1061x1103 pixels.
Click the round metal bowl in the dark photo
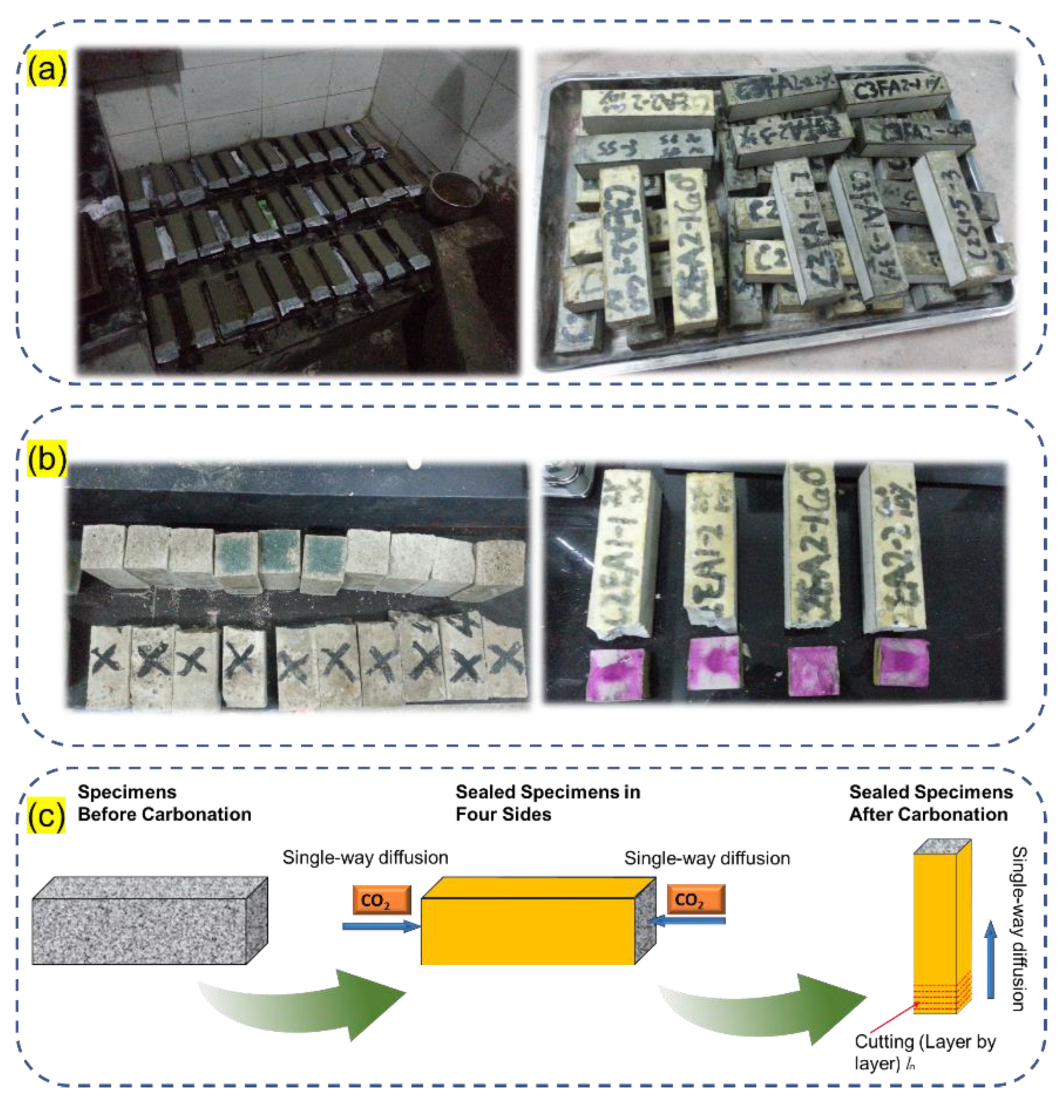[x=454, y=193]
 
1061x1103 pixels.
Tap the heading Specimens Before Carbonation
[x=164, y=803]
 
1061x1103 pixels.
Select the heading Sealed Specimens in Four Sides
[x=548, y=803]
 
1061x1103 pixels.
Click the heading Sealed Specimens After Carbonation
[x=930, y=803]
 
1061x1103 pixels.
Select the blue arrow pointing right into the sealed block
[x=381, y=926]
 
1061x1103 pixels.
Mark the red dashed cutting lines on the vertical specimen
[x=942, y=996]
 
